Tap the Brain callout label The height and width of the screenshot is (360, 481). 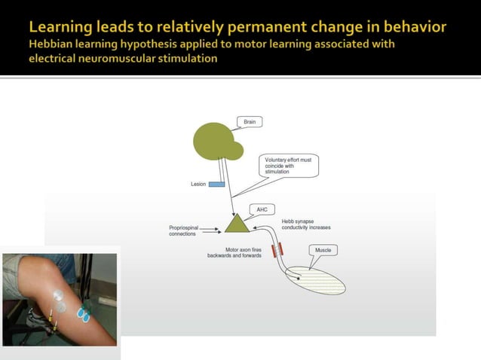coord(249,121)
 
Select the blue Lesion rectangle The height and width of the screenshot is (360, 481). coord(216,184)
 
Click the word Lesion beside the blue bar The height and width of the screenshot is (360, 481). coord(198,184)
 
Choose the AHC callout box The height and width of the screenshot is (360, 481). coord(262,209)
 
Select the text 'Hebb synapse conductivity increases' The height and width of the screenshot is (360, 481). coord(305,224)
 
